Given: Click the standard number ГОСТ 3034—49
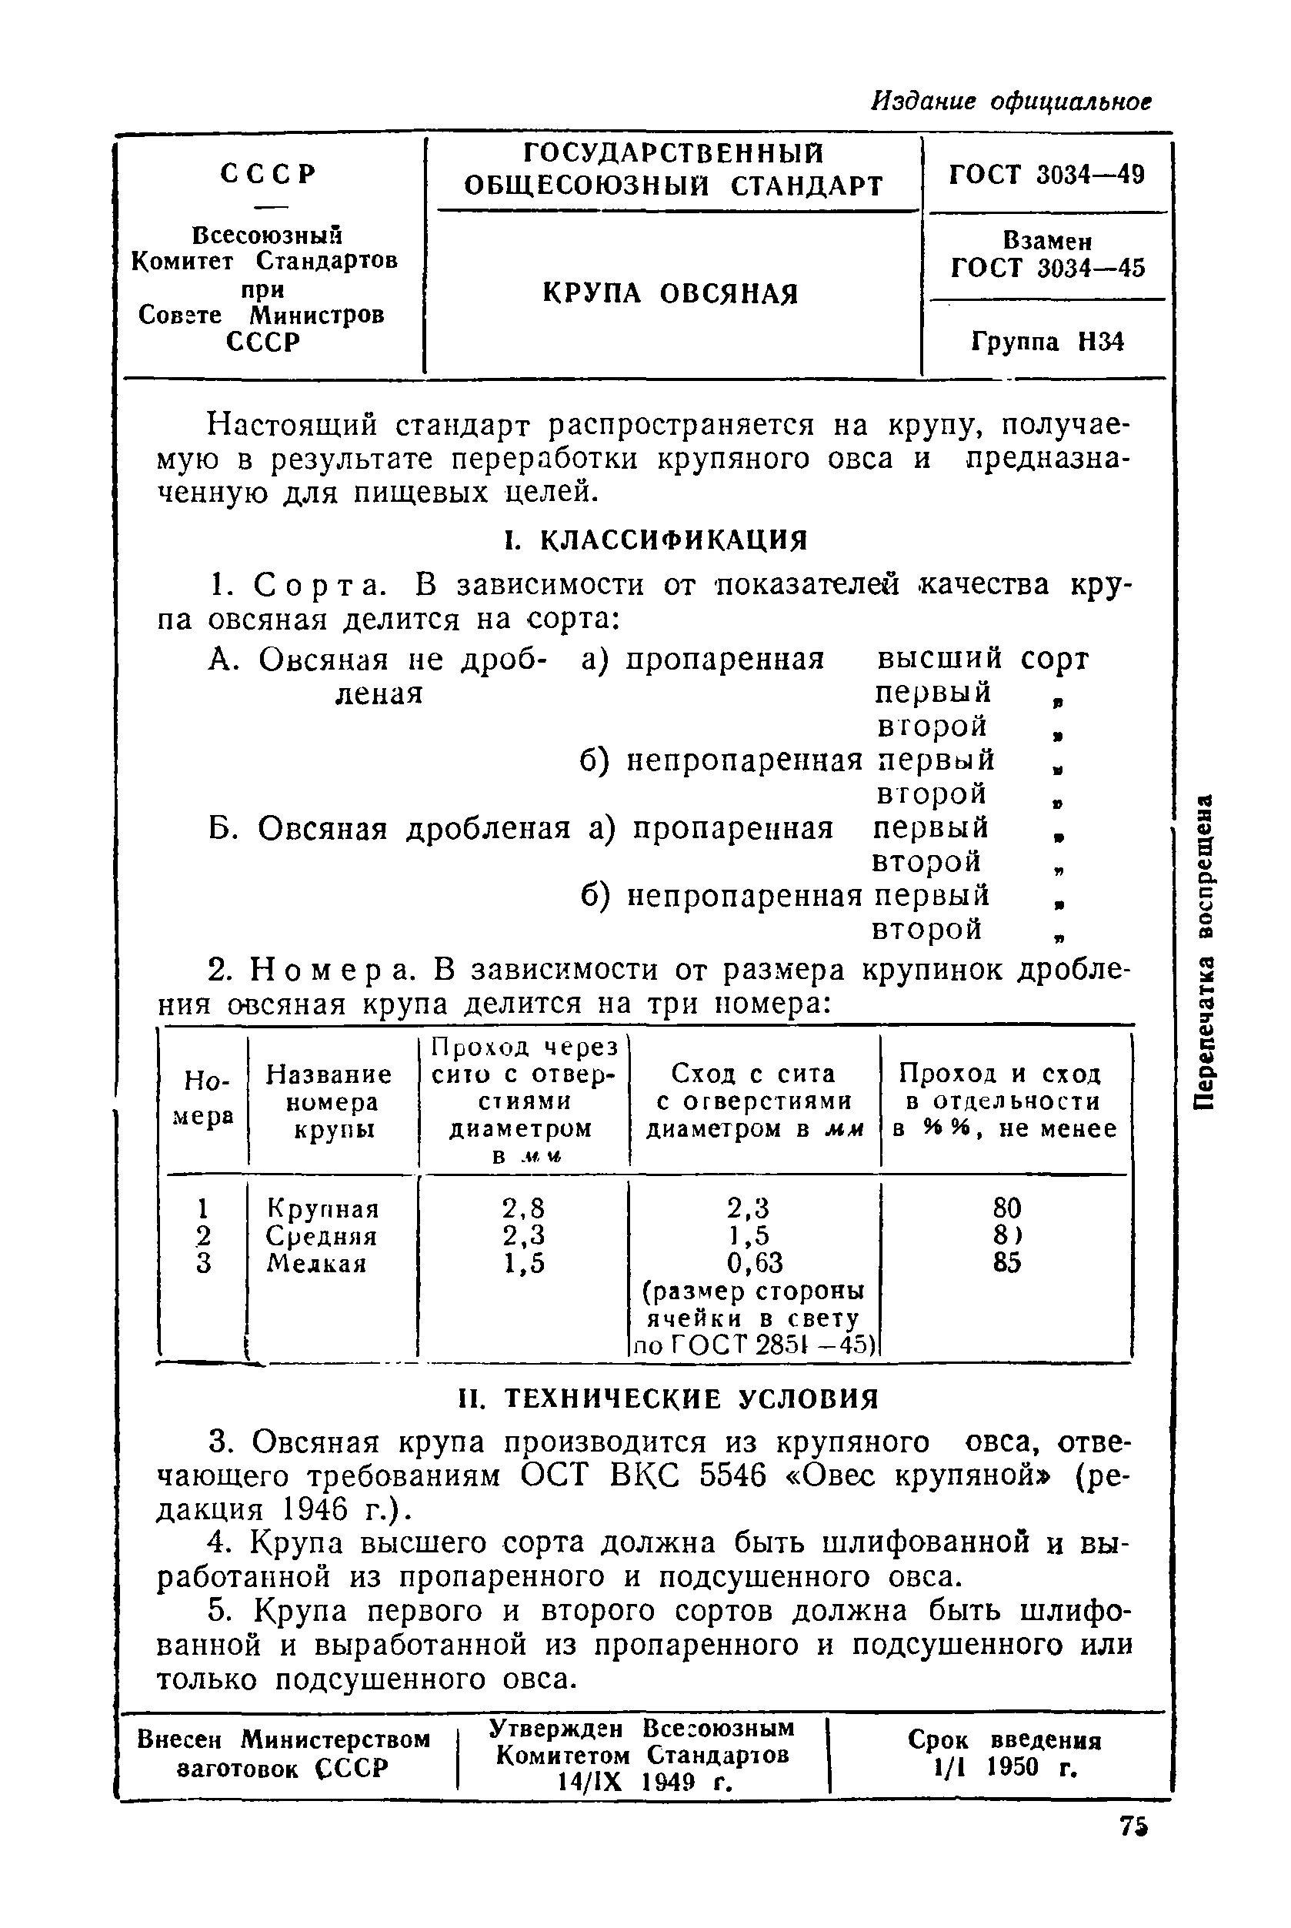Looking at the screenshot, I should pyautogui.click(x=1046, y=175).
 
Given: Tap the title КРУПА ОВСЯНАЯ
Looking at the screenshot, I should pyautogui.click(x=670, y=293).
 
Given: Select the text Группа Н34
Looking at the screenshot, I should pyautogui.click(x=1047, y=342).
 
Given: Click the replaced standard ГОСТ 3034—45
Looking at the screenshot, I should pyautogui.click(x=1047, y=268).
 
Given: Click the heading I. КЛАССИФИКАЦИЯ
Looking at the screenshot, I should pyautogui.click(x=656, y=540).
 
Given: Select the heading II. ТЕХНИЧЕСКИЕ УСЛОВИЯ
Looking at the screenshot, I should pyautogui.click(x=669, y=1398).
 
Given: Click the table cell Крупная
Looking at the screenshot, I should pyautogui.click(x=323, y=1209).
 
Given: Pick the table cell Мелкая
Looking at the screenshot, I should pyautogui.click(x=316, y=1263).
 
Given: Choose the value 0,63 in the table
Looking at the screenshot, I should pyautogui.click(x=754, y=1262).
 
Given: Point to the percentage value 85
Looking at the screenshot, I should pyautogui.click(x=1007, y=1262).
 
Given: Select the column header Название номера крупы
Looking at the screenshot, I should pyautogui.click(x=329, y=1102).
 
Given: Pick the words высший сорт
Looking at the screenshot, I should pyautogui.click(x=982, y=659).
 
